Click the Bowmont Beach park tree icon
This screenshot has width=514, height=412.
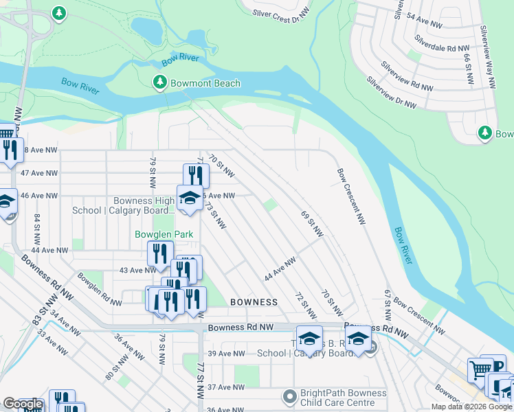tap(159, 83)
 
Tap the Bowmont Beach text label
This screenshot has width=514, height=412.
tap(206, 84)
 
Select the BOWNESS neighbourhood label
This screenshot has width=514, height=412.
tap(254, 302)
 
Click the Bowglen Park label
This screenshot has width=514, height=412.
tap(164, 235)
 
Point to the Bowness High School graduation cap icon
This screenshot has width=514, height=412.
tap(190, 198)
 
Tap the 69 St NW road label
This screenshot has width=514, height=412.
tap(312, 224)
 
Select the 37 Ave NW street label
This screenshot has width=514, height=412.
tap(227, 387)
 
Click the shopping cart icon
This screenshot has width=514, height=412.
tap(480, 371)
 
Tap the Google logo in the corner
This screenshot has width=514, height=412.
tap(23, 404)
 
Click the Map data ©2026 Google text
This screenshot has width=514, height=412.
tap(471, 407)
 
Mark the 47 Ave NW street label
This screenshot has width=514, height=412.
tap(39, 173)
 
